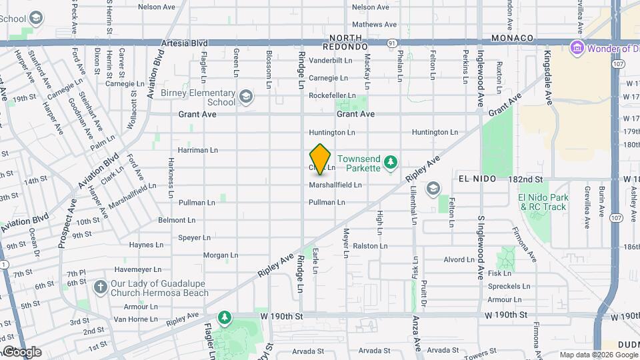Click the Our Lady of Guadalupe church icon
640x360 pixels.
pyautogui.click(x=100, y=287)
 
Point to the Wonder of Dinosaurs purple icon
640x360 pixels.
pyautogui.click(x=576, y=48)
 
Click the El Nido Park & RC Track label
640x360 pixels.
pyautogui.click(x=543, y=202)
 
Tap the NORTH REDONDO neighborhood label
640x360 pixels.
pyautogui.click(x=345, y=43)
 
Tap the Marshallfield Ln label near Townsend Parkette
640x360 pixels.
pyautogui.click(x=335, y=185)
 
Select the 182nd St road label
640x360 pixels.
pyautogui.click(x=525, y=179)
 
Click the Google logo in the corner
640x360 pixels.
pyautogui.click(x=22, y=351)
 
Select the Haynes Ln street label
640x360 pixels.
pyautogui.click(x=141, y=245)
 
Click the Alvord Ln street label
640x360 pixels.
pyautogui.click(x=459, y=260)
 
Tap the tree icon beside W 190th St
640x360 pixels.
pyautogui.click(x=225, y=316)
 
